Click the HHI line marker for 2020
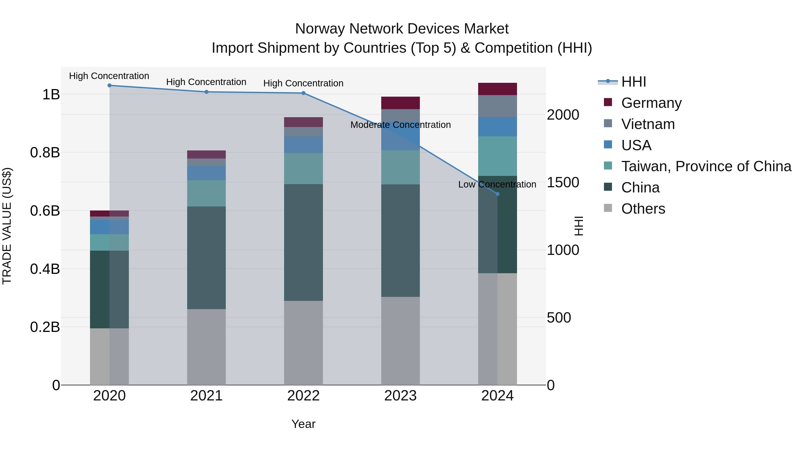(x=110, y=85)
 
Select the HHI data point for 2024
(x=498, y=194)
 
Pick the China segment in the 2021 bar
(x=206, y=258)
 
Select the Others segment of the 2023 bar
(x=400, y=341)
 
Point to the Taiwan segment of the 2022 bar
(x=303, y=169)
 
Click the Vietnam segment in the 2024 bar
(x=498, y=106)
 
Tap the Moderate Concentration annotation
(x=400, y=125)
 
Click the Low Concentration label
(x=497, y=185)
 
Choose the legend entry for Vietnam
(x=648, y=124)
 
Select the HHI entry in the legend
(x=634, y=82)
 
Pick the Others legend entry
(x=643, y=209)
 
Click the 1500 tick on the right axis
(x=563, y=183)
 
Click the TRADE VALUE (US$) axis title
(x=7, y=226)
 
